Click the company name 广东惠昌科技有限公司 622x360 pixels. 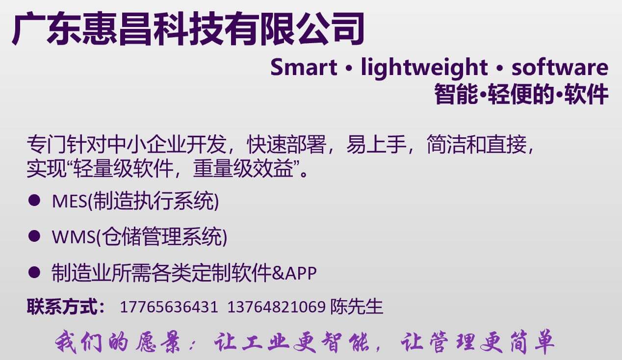188,28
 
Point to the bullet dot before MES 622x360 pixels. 34,200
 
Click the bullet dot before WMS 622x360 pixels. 34,236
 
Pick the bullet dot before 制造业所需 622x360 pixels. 34,272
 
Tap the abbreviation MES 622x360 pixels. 70,201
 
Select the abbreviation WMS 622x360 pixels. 74,237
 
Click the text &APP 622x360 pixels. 294,273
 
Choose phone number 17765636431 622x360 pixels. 169,307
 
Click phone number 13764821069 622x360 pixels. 276,307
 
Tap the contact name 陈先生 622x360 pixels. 357,307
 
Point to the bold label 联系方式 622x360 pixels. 62,307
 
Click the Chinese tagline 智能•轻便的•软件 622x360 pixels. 521,94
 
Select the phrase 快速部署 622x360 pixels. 286,144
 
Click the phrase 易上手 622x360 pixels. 377,144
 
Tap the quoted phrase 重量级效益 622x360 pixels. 243,169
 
